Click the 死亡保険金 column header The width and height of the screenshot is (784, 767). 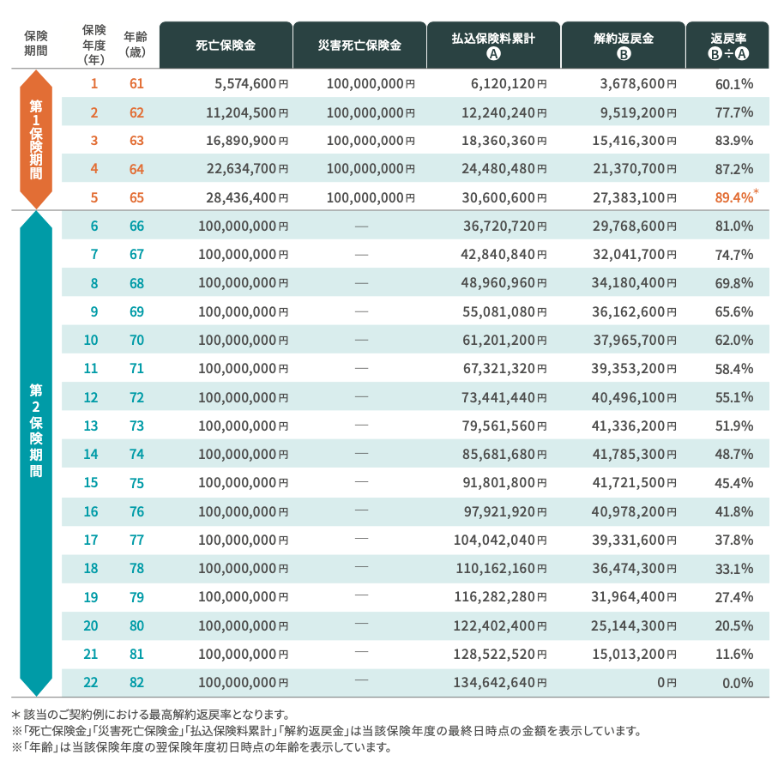tap(226, 45)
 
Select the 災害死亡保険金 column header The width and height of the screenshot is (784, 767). tap(359, 45)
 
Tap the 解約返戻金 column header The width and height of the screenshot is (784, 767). tap(624, 45)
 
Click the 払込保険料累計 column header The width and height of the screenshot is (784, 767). tap(493, 45)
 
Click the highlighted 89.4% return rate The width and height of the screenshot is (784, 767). tap(733, 198)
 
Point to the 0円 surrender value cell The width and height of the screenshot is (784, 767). tap(666, 683)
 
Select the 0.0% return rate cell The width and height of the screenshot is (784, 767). tap(734, 683)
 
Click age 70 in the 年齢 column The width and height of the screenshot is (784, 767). tap(136, 341)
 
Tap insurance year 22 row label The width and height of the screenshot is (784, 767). tap(93, 683)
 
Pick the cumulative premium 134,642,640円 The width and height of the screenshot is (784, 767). tap(500, 683)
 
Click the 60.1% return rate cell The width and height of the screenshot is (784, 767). tap(733, 84)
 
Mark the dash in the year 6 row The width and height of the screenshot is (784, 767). tap(361, 226)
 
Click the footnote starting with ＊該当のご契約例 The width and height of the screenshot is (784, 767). tap(151, 714)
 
